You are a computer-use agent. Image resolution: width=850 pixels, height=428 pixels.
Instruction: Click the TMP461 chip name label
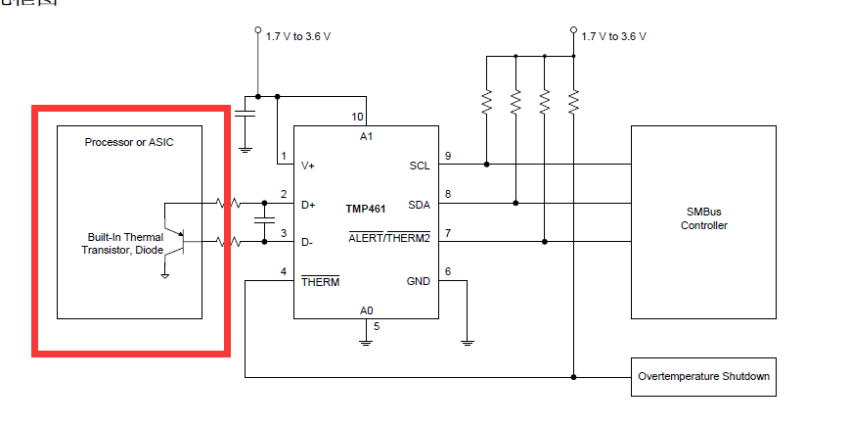366,210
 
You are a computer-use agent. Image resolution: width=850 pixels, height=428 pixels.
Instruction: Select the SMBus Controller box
704,220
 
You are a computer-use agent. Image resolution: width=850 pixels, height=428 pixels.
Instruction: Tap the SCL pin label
419,166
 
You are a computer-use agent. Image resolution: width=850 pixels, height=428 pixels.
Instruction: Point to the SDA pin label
419,204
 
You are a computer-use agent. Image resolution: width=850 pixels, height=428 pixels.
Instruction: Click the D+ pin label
308,204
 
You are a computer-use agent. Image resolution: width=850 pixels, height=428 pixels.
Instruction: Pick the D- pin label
307,242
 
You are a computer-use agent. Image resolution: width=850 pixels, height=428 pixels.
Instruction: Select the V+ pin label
308,166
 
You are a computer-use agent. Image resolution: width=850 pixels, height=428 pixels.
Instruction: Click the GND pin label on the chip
418,281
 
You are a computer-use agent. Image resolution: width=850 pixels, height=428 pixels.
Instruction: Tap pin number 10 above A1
358,117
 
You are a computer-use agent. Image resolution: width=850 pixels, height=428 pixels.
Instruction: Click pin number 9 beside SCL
448,156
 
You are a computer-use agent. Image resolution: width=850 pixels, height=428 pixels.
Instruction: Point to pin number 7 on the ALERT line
448,232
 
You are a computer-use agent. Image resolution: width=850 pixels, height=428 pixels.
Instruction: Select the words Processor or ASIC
129,142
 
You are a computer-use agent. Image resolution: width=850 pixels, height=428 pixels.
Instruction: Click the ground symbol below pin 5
366,341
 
